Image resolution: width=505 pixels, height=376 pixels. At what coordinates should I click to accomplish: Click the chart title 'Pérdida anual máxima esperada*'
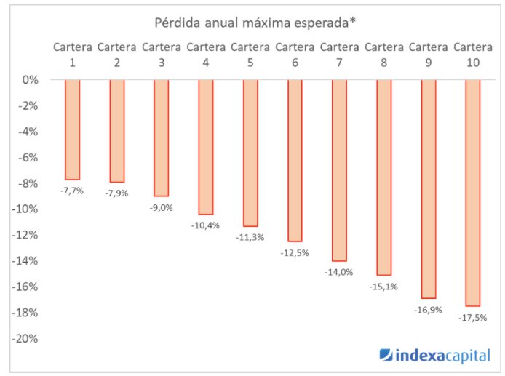point(254,21)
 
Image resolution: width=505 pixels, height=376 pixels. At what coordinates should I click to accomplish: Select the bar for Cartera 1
point(73,129)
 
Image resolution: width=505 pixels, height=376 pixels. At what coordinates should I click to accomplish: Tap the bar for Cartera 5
point(250,153)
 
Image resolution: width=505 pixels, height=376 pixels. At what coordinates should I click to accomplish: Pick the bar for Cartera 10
point(473,193)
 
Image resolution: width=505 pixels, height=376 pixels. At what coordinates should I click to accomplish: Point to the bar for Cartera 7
point(340,170)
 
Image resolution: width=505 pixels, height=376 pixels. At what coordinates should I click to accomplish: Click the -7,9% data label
point(117,193)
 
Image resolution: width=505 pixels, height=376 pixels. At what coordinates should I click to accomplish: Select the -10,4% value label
point(206,225)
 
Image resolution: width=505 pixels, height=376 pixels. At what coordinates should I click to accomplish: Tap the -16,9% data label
point(429,310)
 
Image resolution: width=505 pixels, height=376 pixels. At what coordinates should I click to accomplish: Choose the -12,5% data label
point(295,252)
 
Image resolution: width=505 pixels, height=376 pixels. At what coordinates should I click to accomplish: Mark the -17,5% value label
point(473,318)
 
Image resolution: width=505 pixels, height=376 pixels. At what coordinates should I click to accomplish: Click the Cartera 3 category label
point(162,55)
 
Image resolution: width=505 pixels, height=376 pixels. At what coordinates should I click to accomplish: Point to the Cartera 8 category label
point(384,55)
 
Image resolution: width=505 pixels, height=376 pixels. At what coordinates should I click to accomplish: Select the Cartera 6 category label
point(295,55)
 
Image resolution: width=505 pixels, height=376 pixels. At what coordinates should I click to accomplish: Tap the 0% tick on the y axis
point(30,80)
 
